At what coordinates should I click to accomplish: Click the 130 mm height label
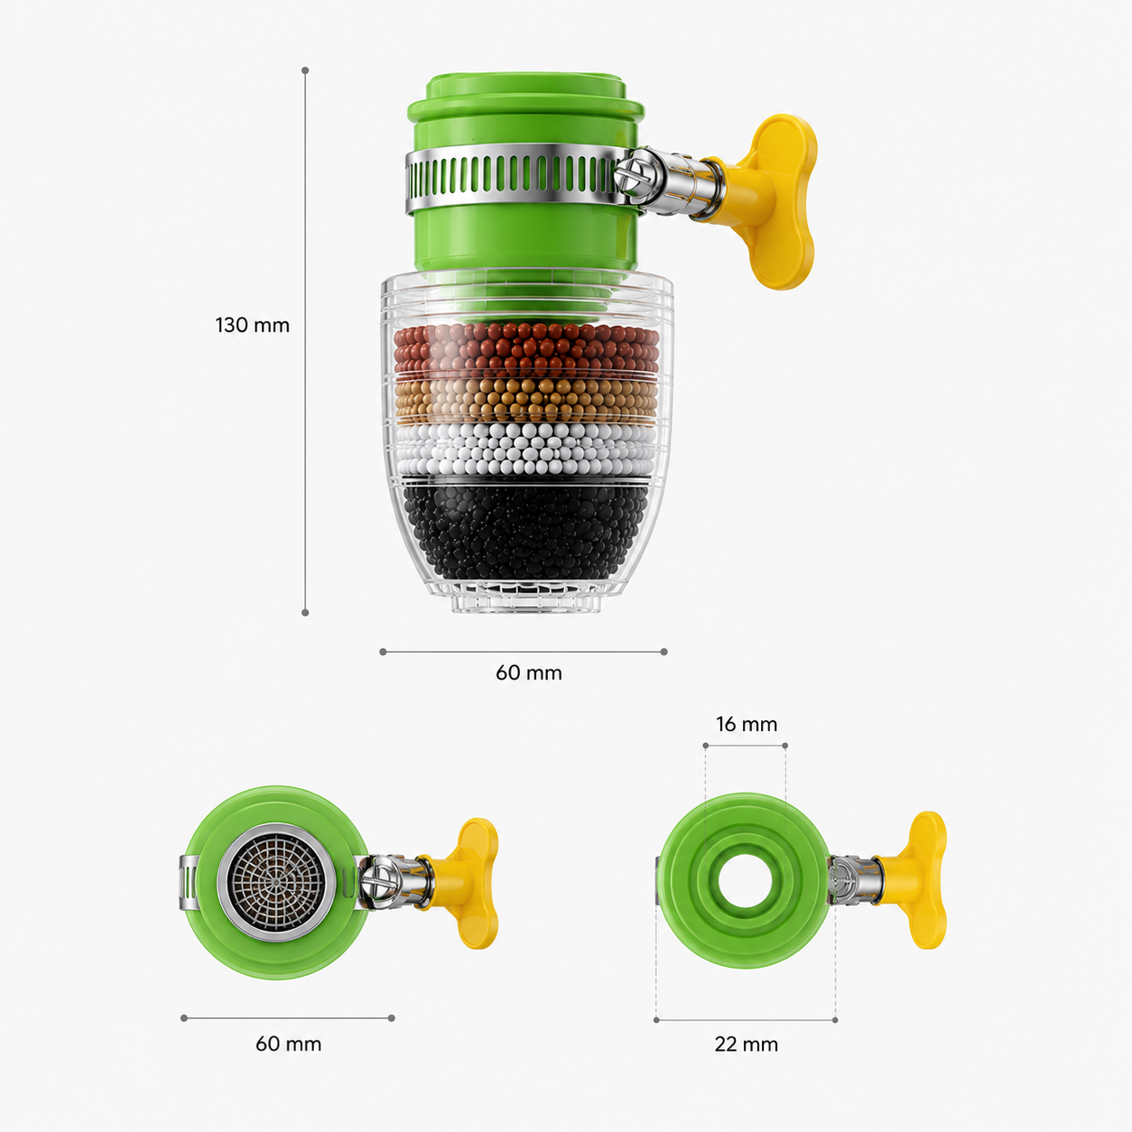coord(253,326)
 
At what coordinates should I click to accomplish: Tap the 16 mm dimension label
coord(746,724)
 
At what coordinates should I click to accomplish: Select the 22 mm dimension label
coord(746,1044)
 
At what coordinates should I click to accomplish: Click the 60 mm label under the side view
coord(529,673)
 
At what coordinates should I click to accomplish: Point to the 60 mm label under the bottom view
coord(289,1044)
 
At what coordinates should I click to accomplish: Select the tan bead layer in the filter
coord(525,401)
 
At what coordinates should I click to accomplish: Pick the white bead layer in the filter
coord(525,450)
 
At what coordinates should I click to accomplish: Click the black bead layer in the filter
coord(525,531)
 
